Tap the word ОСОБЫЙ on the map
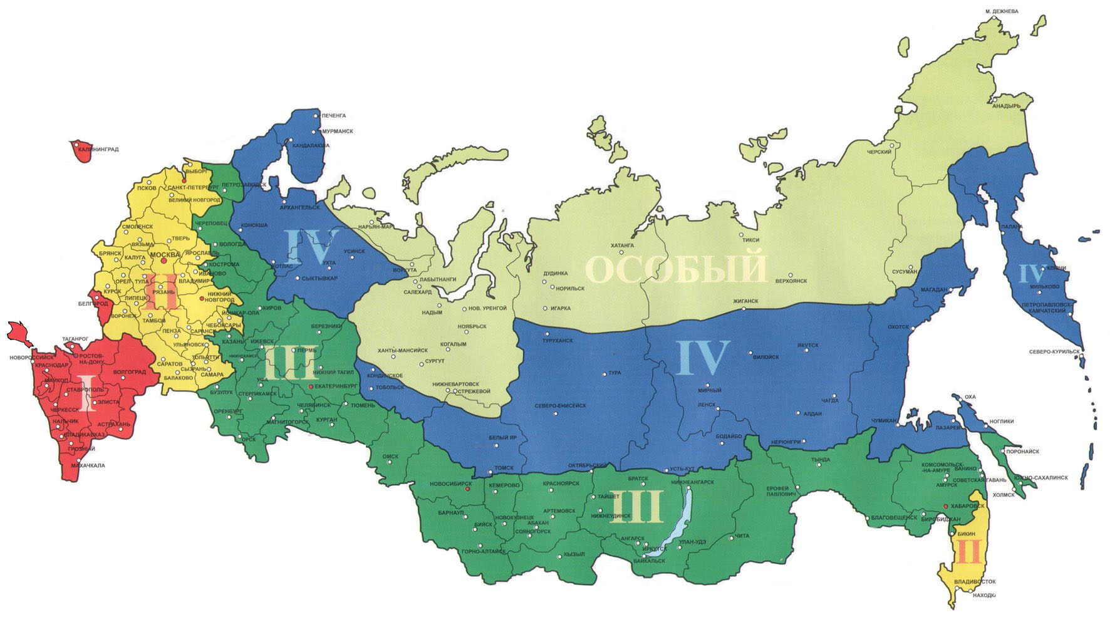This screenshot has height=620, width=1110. click(676, 268)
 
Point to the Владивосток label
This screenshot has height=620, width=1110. click(975, 582)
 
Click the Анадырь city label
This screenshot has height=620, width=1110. click(1007, 106)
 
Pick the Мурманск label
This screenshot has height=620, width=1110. click(338, 132)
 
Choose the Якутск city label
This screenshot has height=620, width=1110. click(808, 345)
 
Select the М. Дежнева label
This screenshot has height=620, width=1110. click(1002, 11)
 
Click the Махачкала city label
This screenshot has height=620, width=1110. click(88, 465)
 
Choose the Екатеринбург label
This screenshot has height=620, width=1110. click(336, 386)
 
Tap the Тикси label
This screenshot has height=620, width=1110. click(750, 240)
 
